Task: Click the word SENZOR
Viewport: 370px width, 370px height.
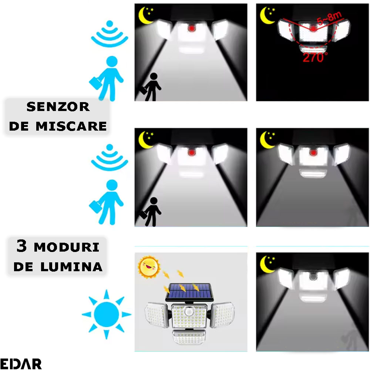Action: pyautogui.click(x=58, y=107)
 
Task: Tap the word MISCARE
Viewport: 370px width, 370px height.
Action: pyautogui.click(x=71, y=126)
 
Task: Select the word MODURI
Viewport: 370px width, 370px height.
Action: pyautogui.click(x=67, y=247)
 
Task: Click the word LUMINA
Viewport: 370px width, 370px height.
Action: pyautogui.click(x=71, y=267)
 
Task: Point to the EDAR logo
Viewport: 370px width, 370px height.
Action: pyautogui.click(x=21, y=364)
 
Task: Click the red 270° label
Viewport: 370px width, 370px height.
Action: pyautogui.click(x=315, y=57)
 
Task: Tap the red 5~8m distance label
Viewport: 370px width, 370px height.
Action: pyautogui.click(x=329, y=18)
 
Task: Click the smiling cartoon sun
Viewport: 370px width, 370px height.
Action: pyautogui.click(x=149, y=267)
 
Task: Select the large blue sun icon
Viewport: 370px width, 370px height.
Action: pyautogui.click(x=107, y=314)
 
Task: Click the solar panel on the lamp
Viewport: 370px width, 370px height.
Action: pyautogui.click(x=189, y=292)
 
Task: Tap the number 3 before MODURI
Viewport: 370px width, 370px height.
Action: pyautogui.click(x=22, y=246)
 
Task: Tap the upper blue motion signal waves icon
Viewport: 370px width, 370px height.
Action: pyautogui.click(x=110, y=34)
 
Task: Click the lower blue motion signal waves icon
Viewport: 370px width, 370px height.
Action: pyautogui.click(x=110, y=157)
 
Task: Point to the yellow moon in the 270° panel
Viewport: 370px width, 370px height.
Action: pyautogui.click(x=267, y=16)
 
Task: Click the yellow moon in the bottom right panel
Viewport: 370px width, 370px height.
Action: pyautogui.click(x=267, y=264)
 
